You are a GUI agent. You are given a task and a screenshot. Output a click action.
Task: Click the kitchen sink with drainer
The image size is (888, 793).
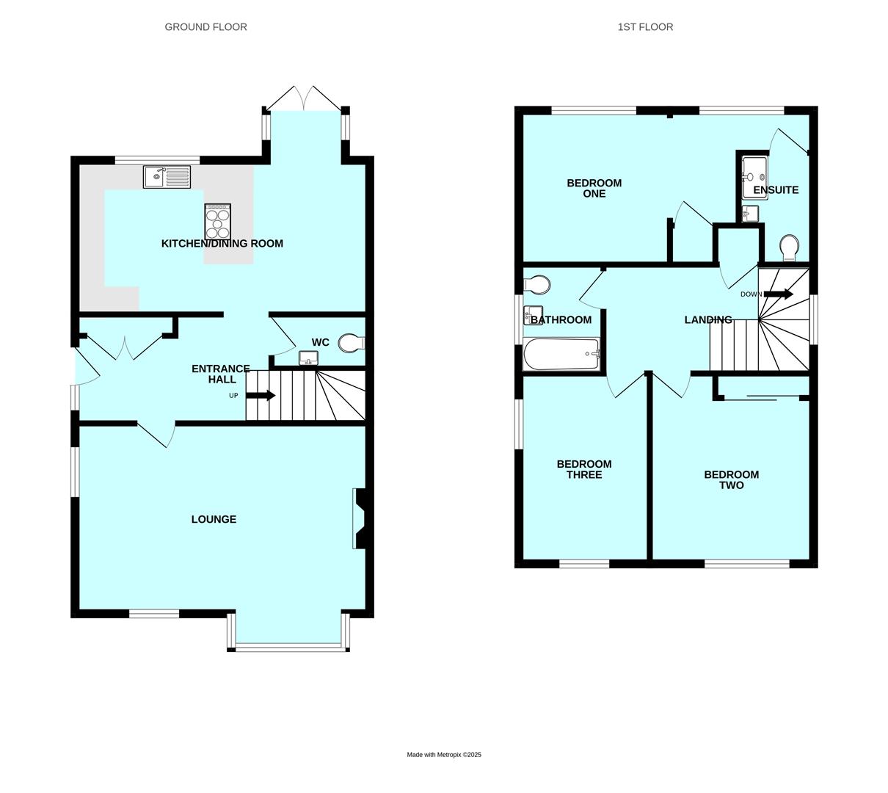tap(167, 177)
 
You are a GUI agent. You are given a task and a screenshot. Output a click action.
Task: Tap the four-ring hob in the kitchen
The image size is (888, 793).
tap(218, 222)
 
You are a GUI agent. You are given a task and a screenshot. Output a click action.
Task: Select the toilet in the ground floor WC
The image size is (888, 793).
tap(352, 343)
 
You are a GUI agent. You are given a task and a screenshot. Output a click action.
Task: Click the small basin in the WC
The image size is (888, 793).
tap(308, 358)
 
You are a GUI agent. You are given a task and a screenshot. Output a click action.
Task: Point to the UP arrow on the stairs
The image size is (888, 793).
tap(261, 396)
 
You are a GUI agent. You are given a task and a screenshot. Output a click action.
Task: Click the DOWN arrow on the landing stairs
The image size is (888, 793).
tap(779, 294)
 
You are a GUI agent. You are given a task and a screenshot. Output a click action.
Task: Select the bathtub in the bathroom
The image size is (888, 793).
tap(561, 354)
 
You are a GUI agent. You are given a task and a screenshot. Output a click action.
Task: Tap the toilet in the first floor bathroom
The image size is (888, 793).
tap(536, 285)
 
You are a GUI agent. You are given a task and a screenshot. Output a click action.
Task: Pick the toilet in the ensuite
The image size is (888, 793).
tap(790, 248)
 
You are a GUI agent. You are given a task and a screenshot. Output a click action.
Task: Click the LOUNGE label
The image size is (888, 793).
tap(214, 519)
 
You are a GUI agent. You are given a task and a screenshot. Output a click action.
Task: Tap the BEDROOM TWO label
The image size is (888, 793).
tap(732, 479)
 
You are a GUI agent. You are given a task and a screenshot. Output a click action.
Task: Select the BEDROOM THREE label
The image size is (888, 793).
tap(584, 469)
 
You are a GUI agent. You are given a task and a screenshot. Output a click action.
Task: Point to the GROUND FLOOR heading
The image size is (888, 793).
tap(206, 27)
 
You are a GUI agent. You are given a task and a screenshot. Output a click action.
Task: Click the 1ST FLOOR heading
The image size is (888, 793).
tap(645, 27)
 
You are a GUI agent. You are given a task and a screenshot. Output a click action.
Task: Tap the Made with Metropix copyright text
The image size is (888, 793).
tap(444, 755)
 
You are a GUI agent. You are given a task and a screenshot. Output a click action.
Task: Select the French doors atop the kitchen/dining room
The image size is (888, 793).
tap(303, 98)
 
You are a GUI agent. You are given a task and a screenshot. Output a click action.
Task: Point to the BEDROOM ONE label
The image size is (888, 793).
tap(594, 188)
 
